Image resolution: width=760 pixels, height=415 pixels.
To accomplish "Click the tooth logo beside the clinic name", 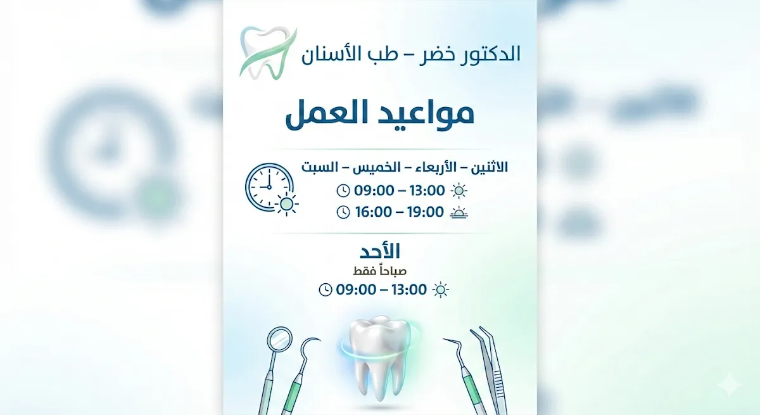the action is [x=268, y=53].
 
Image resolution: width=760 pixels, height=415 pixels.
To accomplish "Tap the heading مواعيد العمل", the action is [x=379, y=114].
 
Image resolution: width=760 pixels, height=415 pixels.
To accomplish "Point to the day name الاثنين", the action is [x=489, y=167].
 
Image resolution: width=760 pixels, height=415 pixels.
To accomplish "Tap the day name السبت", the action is [x=320, y=167].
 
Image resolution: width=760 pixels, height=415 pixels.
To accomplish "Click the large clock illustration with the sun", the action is [x=272, y=189].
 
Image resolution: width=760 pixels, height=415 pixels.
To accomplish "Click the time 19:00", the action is [x=426, y=212].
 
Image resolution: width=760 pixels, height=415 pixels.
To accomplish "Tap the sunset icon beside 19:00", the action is [x=459, y=212].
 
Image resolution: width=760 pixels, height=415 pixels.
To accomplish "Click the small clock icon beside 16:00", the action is [x=343, y=212].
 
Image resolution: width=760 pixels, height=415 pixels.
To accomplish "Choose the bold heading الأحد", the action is [x=379, y=251].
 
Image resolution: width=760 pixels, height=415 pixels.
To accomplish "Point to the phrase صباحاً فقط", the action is [x=379, y=271].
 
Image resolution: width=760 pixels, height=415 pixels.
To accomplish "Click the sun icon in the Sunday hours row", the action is [x=441, y=290].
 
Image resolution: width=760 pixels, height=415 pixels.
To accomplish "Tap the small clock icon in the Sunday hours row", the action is [x=326, y=290].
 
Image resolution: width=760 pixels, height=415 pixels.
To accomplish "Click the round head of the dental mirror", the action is [x=279, y=338].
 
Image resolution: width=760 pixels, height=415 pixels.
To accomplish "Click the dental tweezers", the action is [x=488, y=370].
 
